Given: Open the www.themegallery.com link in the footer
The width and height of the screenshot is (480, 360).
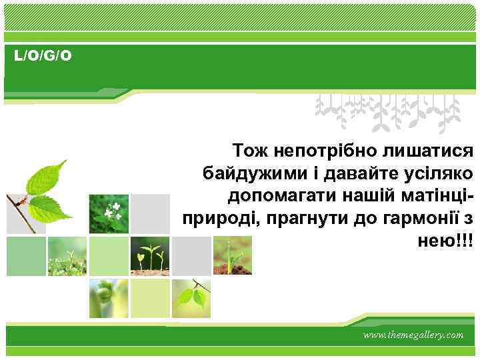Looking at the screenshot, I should coord(413,335).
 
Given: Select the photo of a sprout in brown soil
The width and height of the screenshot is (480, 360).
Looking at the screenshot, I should coord(232,255).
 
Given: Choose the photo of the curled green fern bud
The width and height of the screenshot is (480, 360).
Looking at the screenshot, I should coord(109,297).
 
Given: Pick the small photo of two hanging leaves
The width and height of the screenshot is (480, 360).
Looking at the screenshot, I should coord(191,297).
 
